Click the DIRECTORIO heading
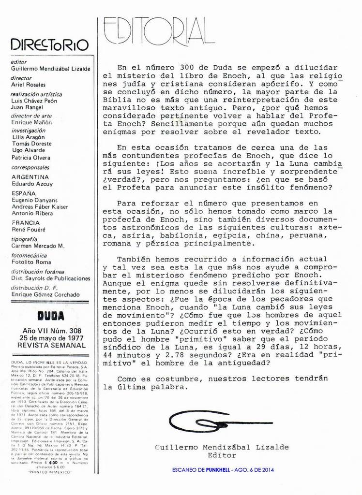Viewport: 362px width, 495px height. coord(49,45)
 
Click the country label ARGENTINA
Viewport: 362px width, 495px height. coord(30,177)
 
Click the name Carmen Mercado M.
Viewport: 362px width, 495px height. coord(37,246)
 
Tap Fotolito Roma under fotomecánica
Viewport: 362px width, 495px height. coord(30,262)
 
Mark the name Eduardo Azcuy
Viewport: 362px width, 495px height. coord(31,184)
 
